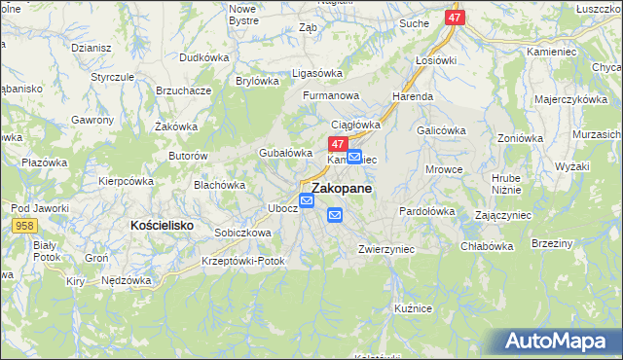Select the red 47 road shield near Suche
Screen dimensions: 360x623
[x=456, y=18]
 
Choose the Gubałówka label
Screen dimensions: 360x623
[x=284, y=153]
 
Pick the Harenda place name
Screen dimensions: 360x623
[x=413, y=97]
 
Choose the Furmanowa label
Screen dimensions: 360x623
[x=331, y=96]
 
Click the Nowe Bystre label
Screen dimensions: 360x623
[x=242, y=14]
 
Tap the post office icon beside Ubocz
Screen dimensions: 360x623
[x=307, y=201]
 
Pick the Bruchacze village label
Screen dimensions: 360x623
[x=184, y=90]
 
